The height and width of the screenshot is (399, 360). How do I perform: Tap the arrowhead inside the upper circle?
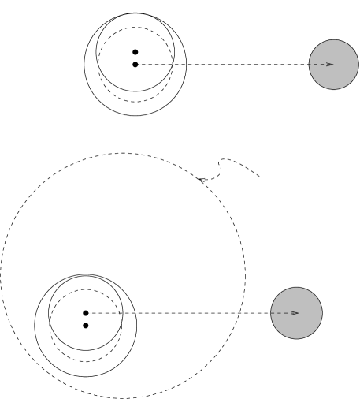tap(330, 65)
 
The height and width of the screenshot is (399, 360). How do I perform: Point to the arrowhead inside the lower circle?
tap(295, 313)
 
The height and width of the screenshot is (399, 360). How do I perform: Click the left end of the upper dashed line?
tap(139, 65)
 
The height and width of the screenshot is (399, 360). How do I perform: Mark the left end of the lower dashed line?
tap(90, 313)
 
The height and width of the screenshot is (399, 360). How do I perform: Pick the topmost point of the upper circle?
tap(334, 40)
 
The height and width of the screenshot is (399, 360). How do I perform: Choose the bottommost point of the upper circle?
tap(334, 89)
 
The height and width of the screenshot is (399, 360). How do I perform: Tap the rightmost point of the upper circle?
tap(358, 65)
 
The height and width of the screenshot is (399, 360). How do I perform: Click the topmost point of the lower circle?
tap(296, 288)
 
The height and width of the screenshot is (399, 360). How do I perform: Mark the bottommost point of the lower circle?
tap(296, 338)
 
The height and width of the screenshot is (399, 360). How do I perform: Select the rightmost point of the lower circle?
tap(321, 313)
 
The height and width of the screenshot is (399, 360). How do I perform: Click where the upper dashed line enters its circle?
tap(310, 65)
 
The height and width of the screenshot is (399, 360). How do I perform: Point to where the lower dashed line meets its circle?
tap(271, 313)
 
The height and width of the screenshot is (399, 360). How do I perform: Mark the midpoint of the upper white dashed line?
tap(225, 65)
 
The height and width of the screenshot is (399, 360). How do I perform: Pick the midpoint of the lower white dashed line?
tap(180, 313)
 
